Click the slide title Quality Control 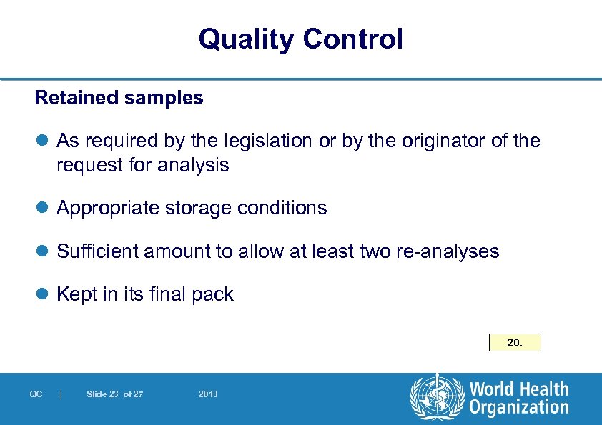(301, 39)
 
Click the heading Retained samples (119, 98)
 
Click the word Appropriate (109, 208)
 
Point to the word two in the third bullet (372, 251)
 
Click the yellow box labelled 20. (515, 343)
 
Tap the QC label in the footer (36, 394)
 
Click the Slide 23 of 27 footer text (114, 394)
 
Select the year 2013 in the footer (209, 394)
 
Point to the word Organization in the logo (518, 408)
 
